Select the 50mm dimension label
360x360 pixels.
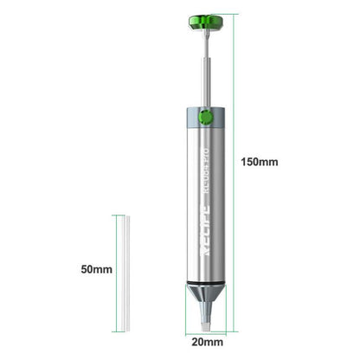[x=97, y=269]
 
